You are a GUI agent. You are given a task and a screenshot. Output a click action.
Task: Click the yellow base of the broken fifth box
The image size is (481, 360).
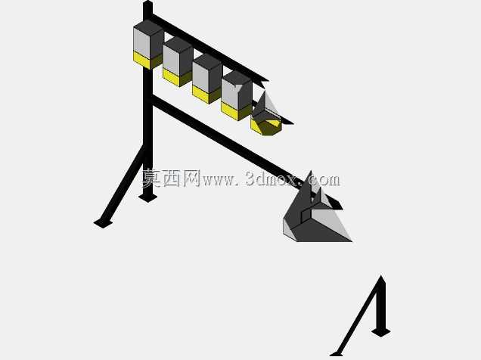tap(265, 126)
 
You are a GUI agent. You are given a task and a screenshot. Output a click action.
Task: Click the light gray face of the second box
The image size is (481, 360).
tap(171, 60)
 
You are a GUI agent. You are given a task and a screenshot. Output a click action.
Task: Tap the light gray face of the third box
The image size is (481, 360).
tap(200, 77)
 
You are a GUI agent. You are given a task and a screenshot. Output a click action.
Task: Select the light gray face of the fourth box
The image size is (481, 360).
tap(230, 95)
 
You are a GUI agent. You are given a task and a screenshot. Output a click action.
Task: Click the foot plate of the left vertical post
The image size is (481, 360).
tap(148, 197)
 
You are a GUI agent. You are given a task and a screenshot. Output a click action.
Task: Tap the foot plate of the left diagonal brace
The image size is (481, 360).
tap(103, 223)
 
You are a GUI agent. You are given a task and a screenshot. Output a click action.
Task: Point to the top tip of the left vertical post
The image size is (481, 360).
tap(148, 1)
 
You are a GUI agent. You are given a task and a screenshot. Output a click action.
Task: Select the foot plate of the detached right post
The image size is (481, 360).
tap(380, 332)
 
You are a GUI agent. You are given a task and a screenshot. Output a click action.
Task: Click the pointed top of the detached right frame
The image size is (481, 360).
tap(381, 276)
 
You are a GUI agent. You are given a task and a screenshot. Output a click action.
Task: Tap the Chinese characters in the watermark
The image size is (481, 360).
tap(171, 178)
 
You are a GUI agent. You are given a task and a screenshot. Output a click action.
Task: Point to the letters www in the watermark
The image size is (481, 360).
tap(218, 180)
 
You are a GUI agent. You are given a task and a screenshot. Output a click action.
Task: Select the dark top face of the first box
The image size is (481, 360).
tap(148, 26)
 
